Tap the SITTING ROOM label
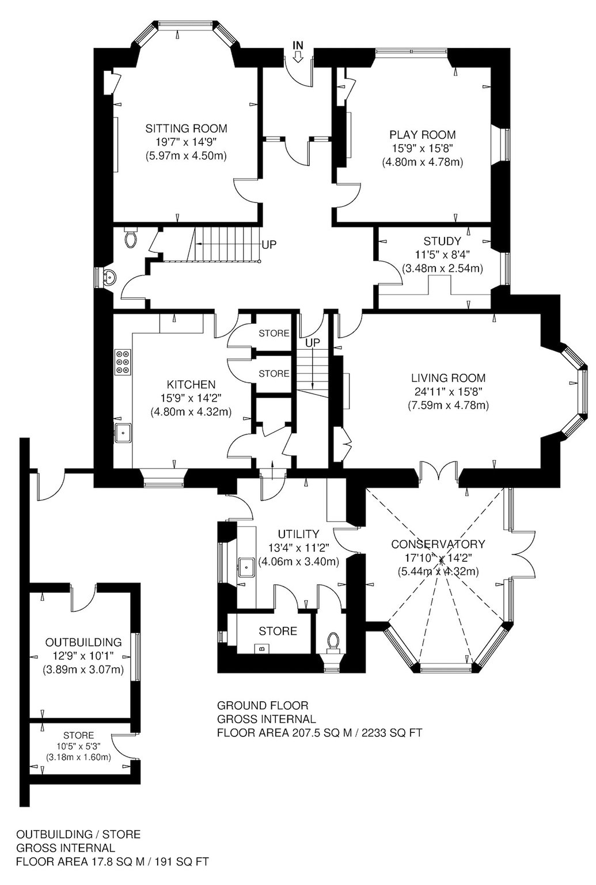(x=187, y=128)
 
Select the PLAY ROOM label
(x=423, y=135)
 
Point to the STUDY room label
(x=442, y=241)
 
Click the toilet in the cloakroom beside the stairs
(x=131, y=237)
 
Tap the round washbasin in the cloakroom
(x=109, y=278)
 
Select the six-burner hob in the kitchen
(x=123, y=361)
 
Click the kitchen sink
(x=124, y=433)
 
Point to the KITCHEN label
(x=191, y=384)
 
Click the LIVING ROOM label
(x=448, y=378)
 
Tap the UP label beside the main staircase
(x=269, y=244)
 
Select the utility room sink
(x=247, y=568)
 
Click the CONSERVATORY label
(x=438, y=544)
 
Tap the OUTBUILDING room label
(x=83, y=642)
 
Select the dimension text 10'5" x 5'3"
(x=79, y=746)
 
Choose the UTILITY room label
(x=299, y=534)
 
